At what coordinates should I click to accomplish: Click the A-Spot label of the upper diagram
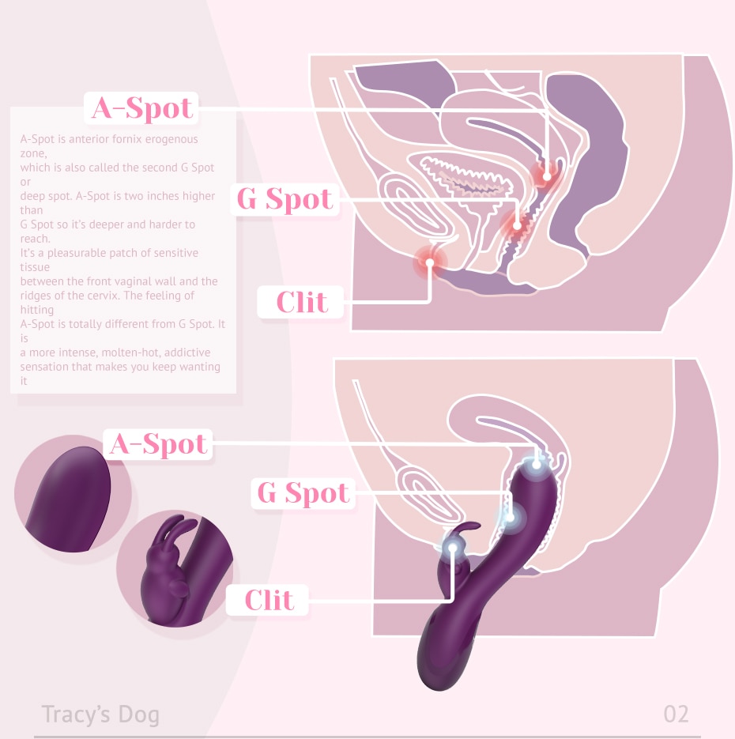click(141, 107)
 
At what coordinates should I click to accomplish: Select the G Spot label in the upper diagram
click(285, 199)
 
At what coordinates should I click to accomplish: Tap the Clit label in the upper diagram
click(301, 302)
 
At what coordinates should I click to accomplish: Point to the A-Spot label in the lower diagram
click(159, 444)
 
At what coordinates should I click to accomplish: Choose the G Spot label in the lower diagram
click(303, 493)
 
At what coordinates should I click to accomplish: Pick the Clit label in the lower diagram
click(268, 600)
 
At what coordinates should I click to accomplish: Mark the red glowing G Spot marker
click(518, 225)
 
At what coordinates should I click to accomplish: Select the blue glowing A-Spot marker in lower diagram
click(537, 463)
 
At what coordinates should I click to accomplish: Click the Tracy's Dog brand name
click(100, 714)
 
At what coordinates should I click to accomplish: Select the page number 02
click(676, 714)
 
